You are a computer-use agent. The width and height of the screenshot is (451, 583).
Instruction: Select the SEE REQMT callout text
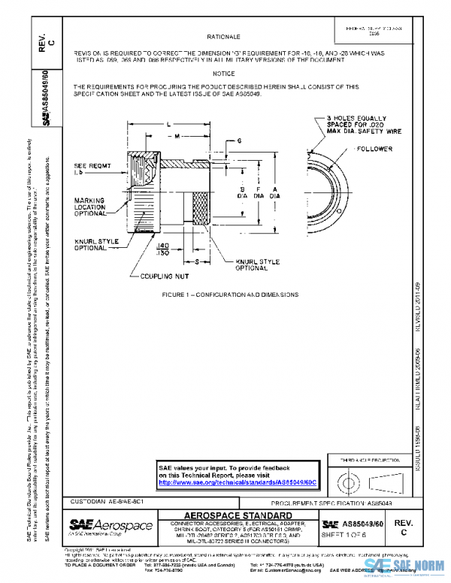(x=90, y=169)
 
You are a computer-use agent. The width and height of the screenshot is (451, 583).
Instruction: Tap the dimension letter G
(x=238, y=140)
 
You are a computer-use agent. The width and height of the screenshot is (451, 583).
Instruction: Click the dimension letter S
(x=196, y=261)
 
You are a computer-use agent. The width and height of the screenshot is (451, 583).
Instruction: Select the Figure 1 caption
(x=230, y=295)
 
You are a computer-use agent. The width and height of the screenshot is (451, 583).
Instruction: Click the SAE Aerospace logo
(x=110, y=524)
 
